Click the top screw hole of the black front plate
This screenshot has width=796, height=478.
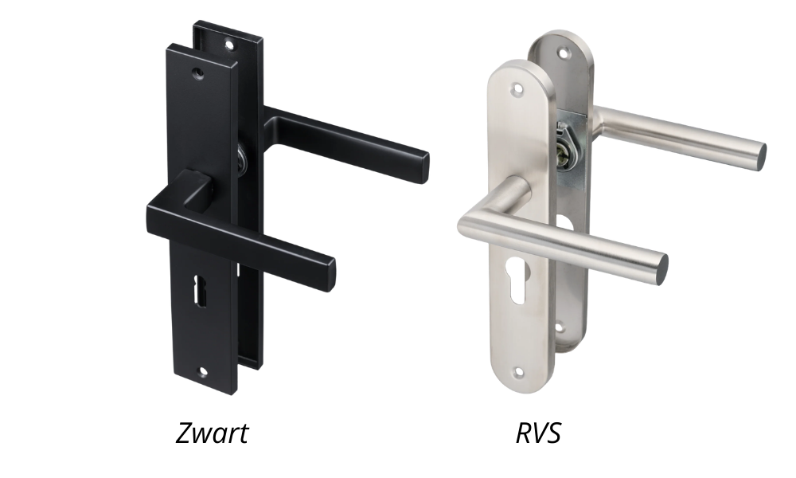(198, 74)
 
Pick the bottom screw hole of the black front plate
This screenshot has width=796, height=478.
(204, 372)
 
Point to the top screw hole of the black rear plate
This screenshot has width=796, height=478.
(229, 45)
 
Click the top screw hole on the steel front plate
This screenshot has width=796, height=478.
(517, 89)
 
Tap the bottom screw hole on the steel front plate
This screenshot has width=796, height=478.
(518, 373)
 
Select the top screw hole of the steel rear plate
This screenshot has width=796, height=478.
(561, 52)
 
